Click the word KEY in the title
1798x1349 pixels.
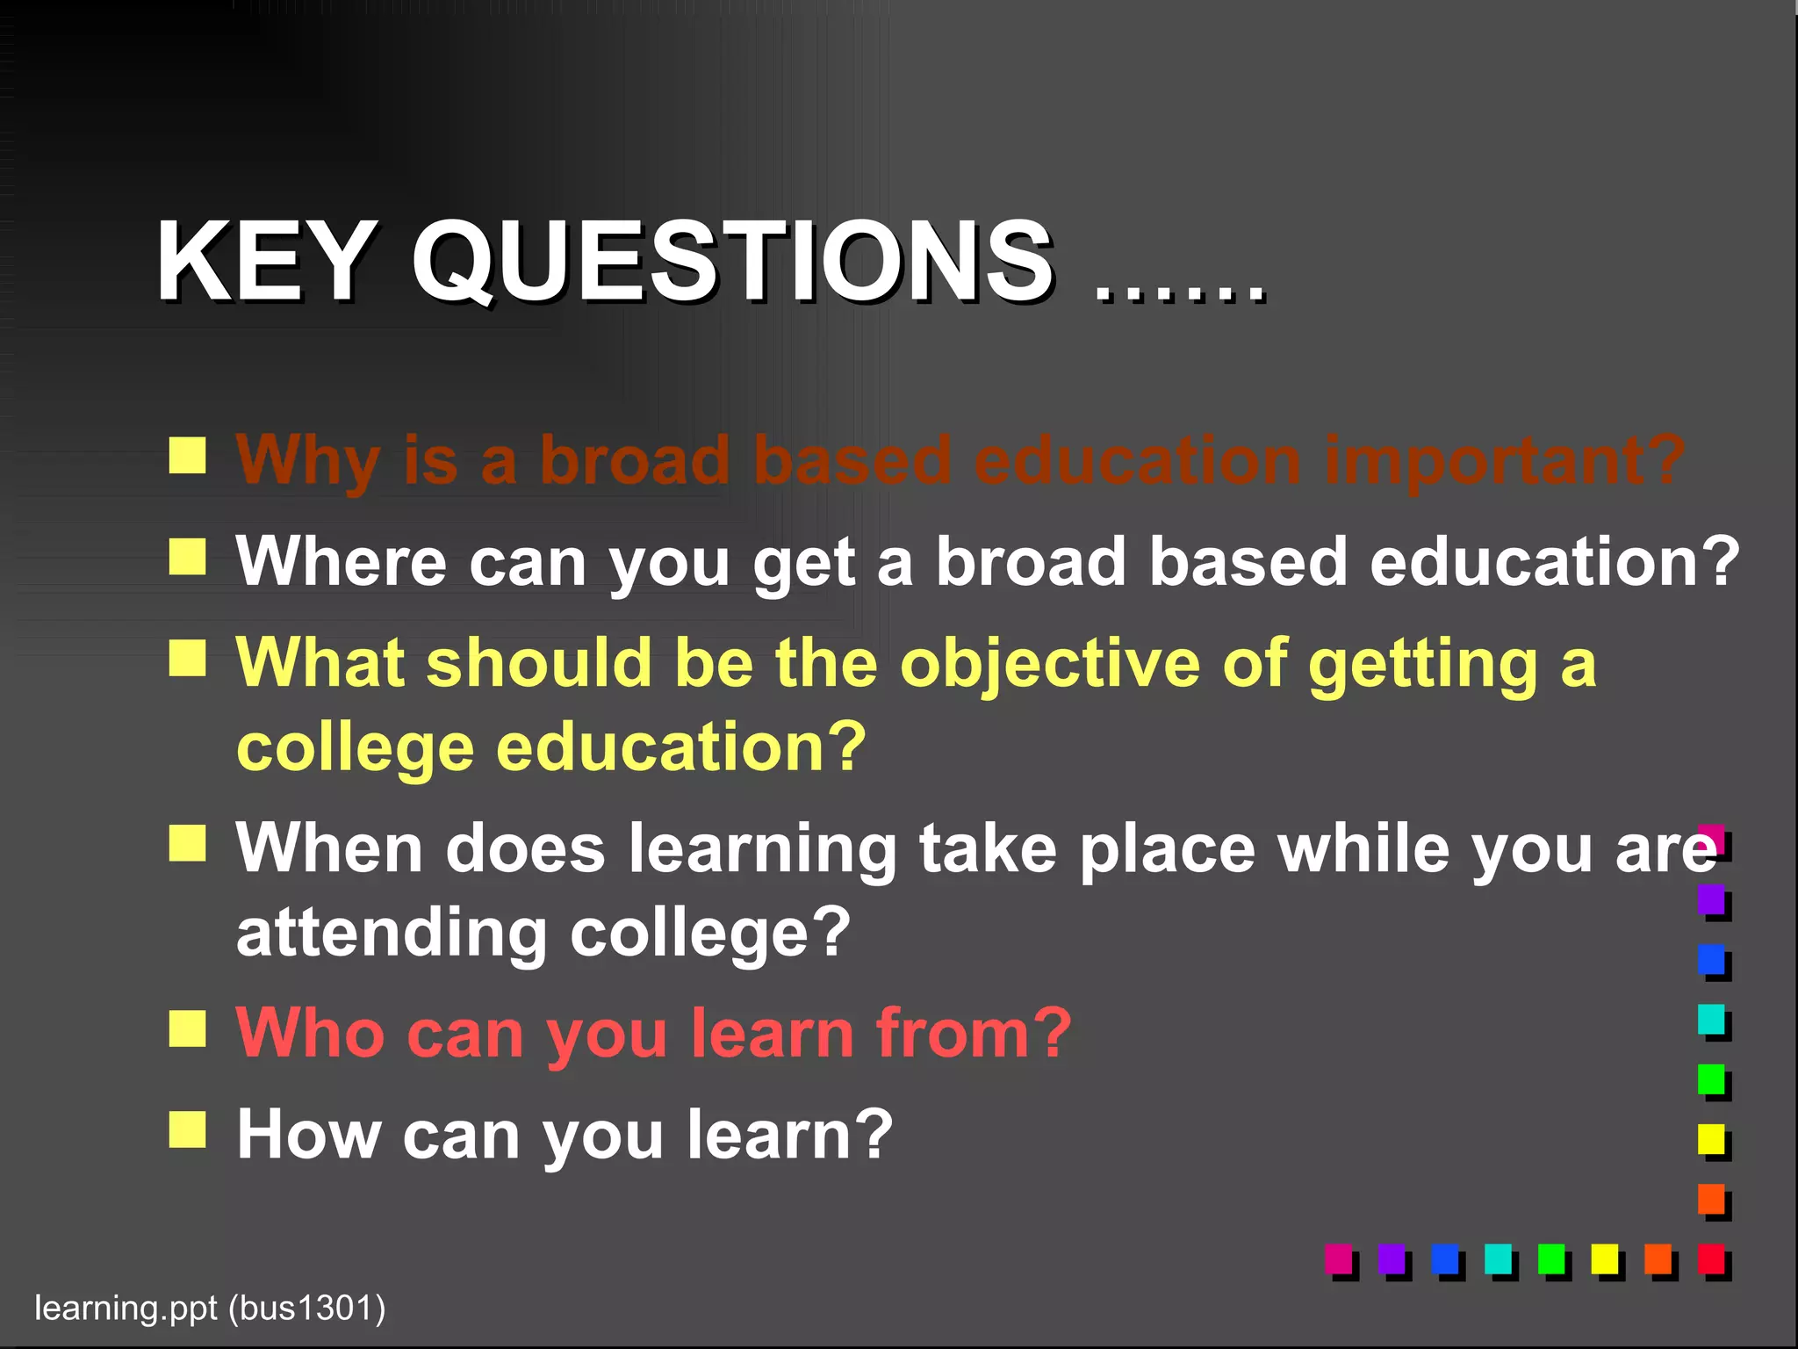(x=263, y=261)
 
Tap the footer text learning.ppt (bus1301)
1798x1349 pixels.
(x=210, y=1308)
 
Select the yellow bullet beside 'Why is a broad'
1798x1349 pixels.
(x=187, y=456)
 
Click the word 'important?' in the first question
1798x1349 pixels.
(x=1504, y=461)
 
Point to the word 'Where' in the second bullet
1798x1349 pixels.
(x=341, y=561)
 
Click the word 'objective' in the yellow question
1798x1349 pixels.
(x=1049, y=663)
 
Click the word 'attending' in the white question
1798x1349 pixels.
(x=392, y=934)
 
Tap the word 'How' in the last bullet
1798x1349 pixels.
(x=308, y=1134)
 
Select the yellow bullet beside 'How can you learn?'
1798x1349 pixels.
(x=187, y=1129)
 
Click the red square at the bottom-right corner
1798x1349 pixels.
(x=1711, y=1259)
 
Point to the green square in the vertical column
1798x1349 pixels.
(x=1711, y=1079)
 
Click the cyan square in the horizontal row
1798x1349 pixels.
(x=1498, y=1259)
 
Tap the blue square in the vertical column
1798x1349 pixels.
(x=1711, y=959)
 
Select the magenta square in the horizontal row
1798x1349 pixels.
(x=1338, y=1259)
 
